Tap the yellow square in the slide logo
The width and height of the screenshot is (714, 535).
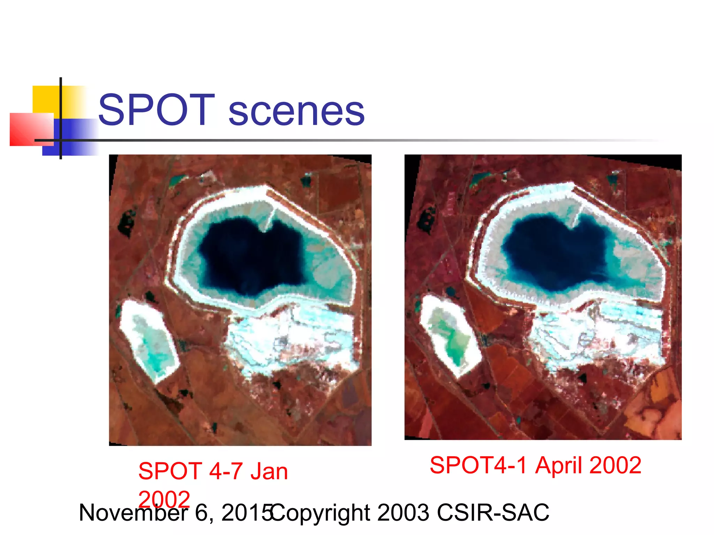[x=45, y=99]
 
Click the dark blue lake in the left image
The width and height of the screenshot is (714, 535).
[x=251, y=258]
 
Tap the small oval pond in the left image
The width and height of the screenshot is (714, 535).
[x=148, y=340]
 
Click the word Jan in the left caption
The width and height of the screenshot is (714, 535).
[x=269, y=472]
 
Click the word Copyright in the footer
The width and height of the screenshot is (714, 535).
[x=320, y=513]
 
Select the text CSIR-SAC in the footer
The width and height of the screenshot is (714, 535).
[x=493, y=512]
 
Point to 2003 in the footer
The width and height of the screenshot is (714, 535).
[x=403, y=512]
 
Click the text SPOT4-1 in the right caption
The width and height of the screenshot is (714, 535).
[x=478, y=465]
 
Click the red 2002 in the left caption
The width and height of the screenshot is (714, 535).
[x=164, y=499]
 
